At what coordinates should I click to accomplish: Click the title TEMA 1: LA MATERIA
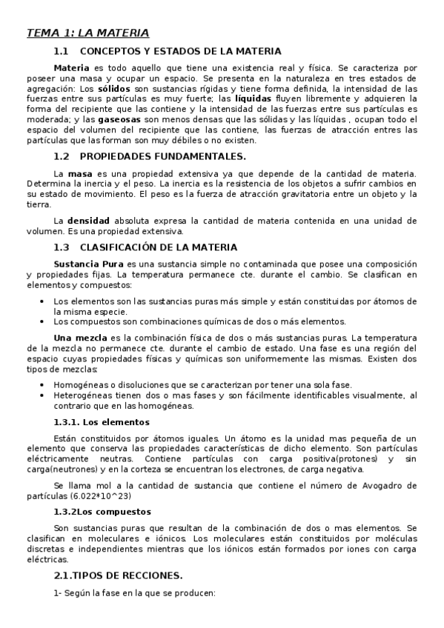(x=87, y=33)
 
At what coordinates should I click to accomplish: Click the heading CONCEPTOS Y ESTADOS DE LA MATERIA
(x=180, y=51)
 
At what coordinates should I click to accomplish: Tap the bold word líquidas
(x=253, y=98)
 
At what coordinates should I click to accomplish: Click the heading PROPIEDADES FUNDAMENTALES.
(x=162, y=156)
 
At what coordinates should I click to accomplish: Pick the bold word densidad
(x=88, y=221)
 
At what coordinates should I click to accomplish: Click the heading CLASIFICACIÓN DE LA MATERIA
(x=169, y=247)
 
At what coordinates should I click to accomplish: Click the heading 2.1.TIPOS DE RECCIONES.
(x=118, y=575)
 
